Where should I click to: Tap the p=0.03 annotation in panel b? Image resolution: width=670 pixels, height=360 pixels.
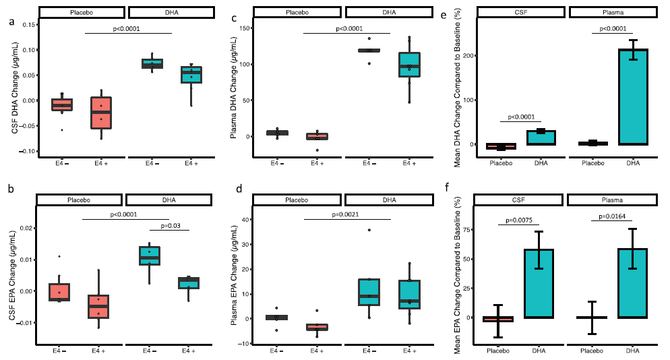(175, 227)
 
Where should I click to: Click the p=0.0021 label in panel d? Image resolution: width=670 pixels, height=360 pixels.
(346, 215)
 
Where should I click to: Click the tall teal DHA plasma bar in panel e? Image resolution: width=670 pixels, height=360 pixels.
(633, 96)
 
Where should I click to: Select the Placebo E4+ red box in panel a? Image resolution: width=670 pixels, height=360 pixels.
(101, 113)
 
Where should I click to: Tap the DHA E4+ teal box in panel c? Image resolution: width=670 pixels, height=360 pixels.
(408, 65)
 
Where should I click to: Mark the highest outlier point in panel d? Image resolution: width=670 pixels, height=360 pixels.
(369, 230)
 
